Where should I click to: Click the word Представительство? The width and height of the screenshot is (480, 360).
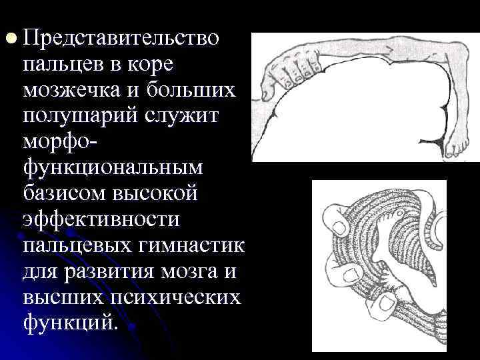(x=121, y=37)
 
